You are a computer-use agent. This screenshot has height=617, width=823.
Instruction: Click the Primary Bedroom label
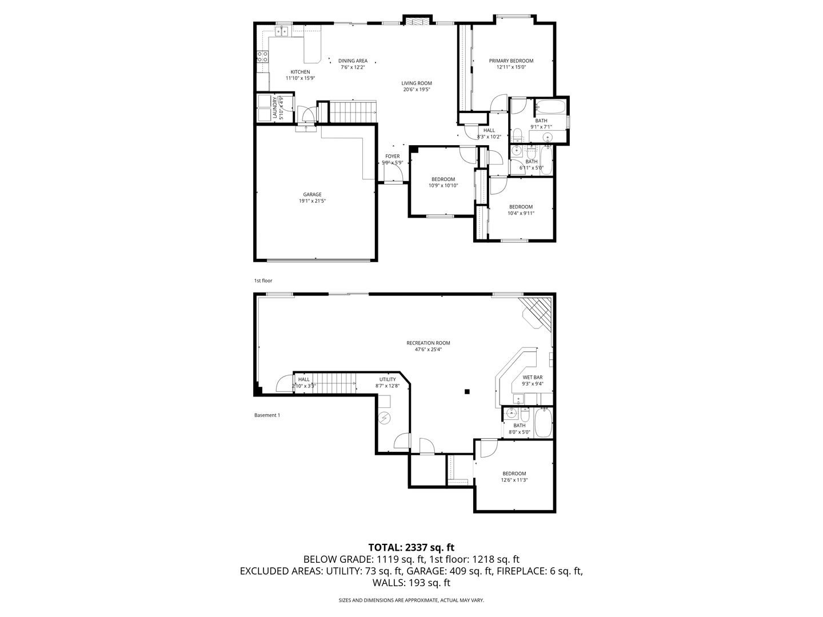tap(511, 61)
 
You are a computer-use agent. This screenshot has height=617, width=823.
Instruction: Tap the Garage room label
tap(312, 194)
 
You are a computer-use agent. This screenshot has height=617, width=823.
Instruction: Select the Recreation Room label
tap(428, 343)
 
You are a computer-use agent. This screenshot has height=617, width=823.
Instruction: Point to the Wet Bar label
tap(533, 377)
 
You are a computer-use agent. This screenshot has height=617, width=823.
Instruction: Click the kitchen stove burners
tap(262, 57)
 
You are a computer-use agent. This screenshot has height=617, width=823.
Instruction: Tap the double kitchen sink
tap(282, 31)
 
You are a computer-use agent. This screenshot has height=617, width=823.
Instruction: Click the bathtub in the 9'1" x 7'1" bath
tap(550, 106)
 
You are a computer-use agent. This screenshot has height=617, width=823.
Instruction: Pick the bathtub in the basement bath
tap(544, 423)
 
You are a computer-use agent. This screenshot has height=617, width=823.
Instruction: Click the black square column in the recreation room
tap(467, 392)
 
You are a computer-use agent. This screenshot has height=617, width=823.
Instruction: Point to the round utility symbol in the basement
tap(384, 417)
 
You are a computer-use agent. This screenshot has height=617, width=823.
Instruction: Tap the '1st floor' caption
tap(263, 281)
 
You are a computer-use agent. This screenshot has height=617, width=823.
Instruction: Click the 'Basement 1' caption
tap(267, 415)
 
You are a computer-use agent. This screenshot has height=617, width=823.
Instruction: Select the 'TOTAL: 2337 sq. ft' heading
tap(411, 548)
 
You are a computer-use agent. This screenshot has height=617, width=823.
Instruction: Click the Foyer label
tap(392, 156)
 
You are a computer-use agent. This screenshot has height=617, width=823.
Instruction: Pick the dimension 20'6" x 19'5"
tap(417, 90)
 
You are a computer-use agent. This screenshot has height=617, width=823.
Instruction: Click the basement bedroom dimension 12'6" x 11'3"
tap(514, 480)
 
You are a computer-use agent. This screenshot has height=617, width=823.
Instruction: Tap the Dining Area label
tap(353, 61)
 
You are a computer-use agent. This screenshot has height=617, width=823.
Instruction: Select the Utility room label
tap(387, 379)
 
